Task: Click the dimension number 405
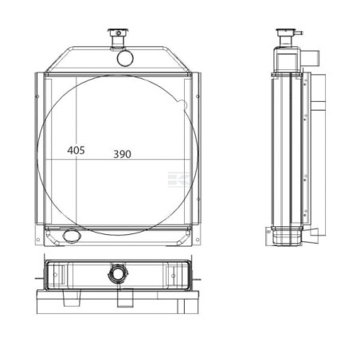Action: coord(76,151)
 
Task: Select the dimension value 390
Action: coord(122,154)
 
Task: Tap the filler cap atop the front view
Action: coord(119,33)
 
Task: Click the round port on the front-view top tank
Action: coord(125,58)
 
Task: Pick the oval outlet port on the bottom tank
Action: coord(72,236)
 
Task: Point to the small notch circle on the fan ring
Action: coord(182,104)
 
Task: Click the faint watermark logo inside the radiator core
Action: coord(179,179)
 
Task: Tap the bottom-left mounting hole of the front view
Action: coord(38,240)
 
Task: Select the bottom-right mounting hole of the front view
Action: coord(198,240)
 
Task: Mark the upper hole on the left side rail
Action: coord(37,96)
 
